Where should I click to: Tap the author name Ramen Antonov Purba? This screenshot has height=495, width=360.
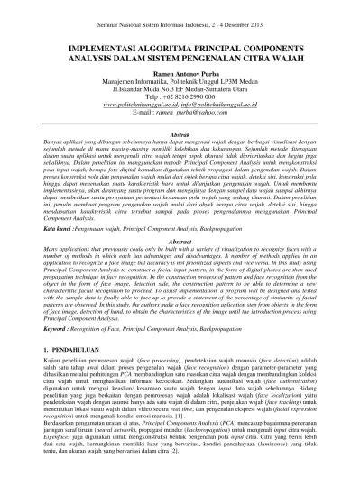pyautogui.click(x=180, y=69)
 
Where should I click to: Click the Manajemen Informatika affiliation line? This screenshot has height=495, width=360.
pyautogui.click(x=180, y=78)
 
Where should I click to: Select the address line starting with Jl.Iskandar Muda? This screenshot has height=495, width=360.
pyautogui.click(x=180, y=87)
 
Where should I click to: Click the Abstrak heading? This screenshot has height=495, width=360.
pyautogui.click(x=180, y=131)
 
